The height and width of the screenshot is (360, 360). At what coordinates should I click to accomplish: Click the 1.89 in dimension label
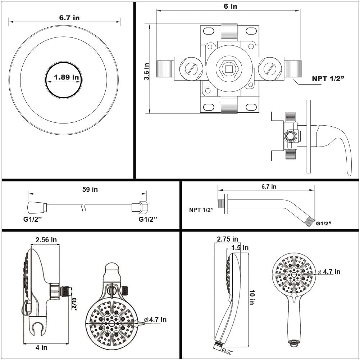pos(67,77)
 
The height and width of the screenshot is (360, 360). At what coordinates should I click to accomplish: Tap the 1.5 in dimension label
pos(240,248)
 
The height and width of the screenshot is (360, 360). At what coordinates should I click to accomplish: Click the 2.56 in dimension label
pos(46,240)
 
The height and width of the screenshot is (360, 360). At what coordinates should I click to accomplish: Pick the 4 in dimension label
pos(41,347)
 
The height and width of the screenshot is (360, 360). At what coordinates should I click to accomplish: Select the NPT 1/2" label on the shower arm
pos(201,210)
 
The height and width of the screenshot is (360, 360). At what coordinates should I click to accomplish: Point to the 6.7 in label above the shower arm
pos(269,186)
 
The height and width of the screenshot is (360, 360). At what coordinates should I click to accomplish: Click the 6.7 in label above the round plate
pos(69,18)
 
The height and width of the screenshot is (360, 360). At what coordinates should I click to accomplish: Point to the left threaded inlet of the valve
pos(165,68)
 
